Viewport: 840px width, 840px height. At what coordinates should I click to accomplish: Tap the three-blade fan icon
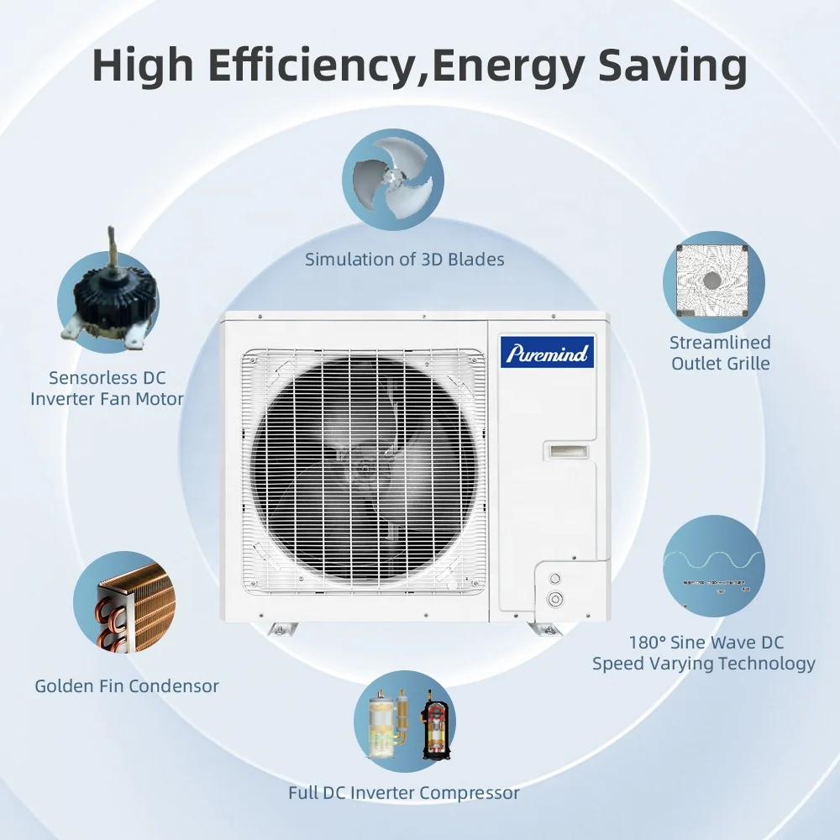[x=392, y=179]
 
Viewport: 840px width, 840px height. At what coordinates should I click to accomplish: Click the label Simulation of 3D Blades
[x=405, y=259]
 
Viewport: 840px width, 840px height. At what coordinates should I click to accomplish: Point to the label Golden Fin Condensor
[x=127, y=686]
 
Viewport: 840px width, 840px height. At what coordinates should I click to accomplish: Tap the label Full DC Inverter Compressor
[x=404, y=792]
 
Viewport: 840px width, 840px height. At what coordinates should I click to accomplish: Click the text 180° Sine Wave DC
[x=706, y=643]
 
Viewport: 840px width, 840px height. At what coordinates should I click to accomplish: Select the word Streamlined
[x=720, y=343]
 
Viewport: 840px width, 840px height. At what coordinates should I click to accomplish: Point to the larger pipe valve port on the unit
[x=554, y=599]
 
